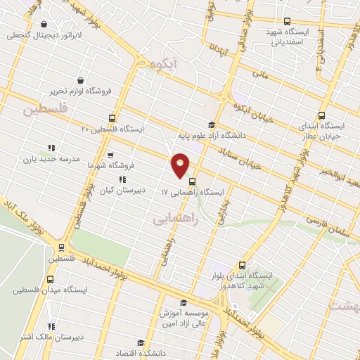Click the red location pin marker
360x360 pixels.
click(x=181, y=165)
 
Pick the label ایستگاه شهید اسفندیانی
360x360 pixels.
click(x=287, y=35)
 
